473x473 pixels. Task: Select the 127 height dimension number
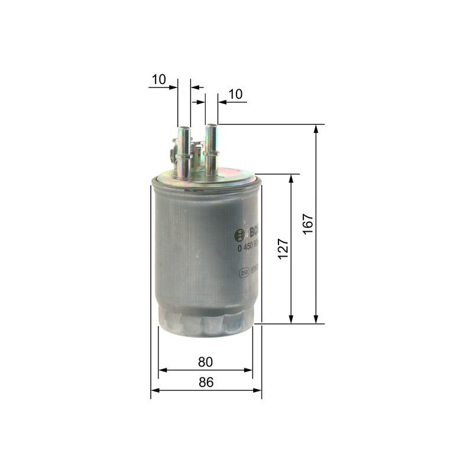point(283,248)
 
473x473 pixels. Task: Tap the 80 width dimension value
point(205,361)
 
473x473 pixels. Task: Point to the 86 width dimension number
point(205,382)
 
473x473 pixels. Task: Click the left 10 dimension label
point(158,79)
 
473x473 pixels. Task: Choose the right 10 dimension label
point(235,93)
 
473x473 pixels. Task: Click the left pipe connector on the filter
point(184,152)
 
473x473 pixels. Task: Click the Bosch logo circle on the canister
point(240,235)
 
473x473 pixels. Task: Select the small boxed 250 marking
point(243,273)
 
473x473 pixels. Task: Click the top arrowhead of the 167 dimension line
point(316,128)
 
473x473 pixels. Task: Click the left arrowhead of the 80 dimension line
point(162,370)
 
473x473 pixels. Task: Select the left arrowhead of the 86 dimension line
point(155,390)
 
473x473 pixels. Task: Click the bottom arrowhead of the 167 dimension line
point(316,320)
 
